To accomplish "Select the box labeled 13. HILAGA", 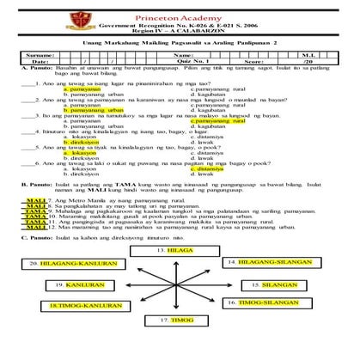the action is point(179,224).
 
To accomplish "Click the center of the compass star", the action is point(179,259).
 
